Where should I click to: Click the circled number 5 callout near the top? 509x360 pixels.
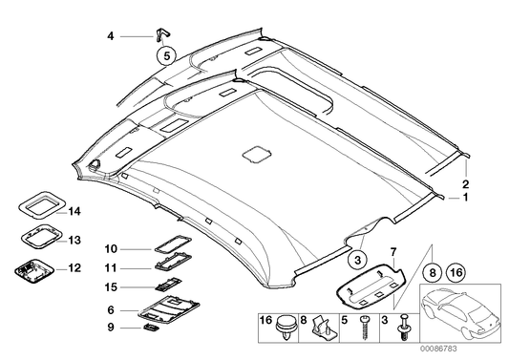166,55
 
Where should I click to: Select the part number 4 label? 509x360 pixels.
111,36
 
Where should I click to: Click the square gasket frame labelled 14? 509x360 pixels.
40,205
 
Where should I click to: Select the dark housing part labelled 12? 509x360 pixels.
37,269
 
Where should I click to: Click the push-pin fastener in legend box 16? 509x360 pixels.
284,333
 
